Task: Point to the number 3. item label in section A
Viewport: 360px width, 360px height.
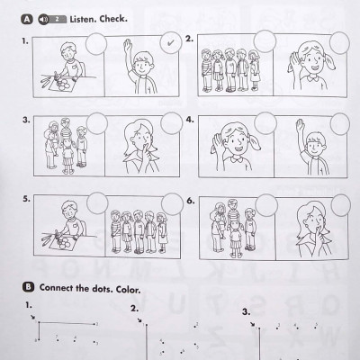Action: [x=27, y=120]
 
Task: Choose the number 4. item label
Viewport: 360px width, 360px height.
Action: [x=189, y=120]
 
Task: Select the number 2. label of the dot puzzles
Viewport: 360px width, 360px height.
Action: [x=135, y=308]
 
